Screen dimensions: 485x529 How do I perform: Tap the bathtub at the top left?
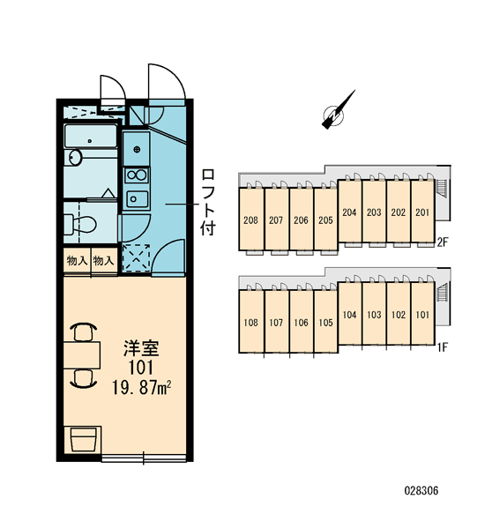(x=91, y=137)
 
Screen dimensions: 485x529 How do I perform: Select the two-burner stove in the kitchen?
(x=137, y=175)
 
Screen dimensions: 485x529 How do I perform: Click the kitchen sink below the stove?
(x=137, y=199)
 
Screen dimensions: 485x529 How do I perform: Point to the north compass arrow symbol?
(x=339, y=110)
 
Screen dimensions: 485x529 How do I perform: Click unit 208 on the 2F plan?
(x=250, y=220)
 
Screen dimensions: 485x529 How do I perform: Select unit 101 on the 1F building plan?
(x=422, y=314)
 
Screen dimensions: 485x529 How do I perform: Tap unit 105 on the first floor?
(x=325, y=322)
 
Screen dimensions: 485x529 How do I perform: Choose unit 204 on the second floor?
(x=350, y=212)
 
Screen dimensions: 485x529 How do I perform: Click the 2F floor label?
(x=443, y=242)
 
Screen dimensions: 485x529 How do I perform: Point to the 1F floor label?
(x=443, y=346)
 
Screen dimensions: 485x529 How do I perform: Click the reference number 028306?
(x=422, y=490)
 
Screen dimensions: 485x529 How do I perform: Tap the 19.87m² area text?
(x=141, y=388)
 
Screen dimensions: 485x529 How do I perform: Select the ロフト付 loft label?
(x=208, y=203)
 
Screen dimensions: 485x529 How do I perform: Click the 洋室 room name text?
(x=141, y=348)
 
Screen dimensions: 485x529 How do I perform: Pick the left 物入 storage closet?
(x=78, y=260)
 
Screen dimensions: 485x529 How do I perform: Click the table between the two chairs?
(x=82, y=355)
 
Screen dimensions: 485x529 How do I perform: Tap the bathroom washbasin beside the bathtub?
(x=76, y=158)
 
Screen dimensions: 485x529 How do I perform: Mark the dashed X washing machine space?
(x=136, y=257)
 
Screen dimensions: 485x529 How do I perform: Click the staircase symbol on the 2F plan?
(x=442, y=190)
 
